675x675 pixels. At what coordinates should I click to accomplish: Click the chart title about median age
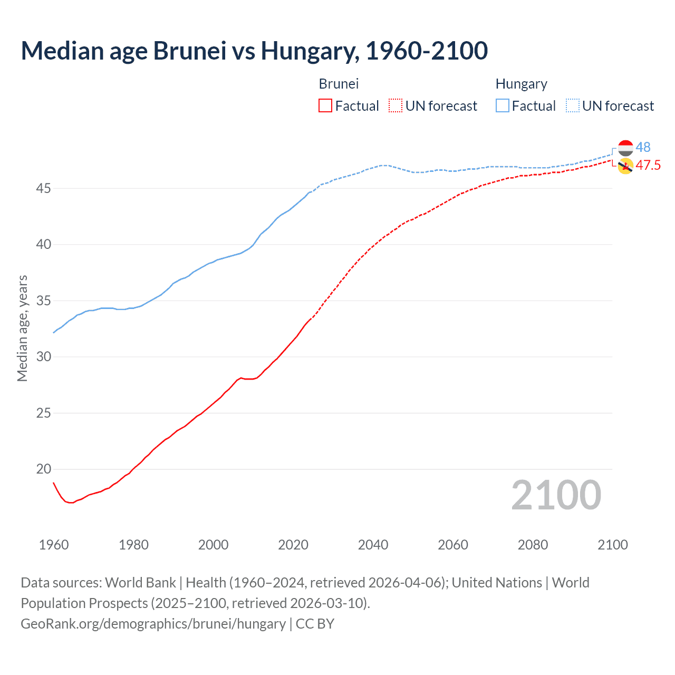pos(254,51)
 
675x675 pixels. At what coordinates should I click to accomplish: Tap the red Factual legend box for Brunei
pos(325,106)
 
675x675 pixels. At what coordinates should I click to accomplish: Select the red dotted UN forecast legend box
pos(396,106)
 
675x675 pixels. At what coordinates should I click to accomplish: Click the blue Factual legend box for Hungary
pos(503,106)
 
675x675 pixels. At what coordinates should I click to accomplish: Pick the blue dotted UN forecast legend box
pos(573,106)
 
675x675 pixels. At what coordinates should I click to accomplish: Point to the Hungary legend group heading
pos(521,84)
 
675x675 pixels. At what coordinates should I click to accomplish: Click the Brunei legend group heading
pos(339,84)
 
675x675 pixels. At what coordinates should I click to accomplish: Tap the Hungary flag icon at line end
pos(625,148)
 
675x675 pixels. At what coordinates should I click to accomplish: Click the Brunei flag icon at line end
pos(625,166)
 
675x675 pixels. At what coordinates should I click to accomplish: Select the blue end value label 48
pos(643,147)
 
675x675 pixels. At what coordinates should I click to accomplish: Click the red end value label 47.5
pos(648,165)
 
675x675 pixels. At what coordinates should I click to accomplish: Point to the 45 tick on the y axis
pos(44,188)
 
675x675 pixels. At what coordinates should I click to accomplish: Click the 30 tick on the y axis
pos(44,357)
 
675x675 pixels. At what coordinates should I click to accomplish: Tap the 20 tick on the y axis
pos(44,469)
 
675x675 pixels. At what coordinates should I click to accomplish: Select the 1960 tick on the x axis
pos(54,545)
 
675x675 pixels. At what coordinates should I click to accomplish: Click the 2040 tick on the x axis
pos(373,545)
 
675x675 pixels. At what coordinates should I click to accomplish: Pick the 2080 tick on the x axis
pos(533,545)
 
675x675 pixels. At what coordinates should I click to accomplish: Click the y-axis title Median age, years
pos(22,328)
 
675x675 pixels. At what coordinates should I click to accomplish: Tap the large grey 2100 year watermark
pos(556,495)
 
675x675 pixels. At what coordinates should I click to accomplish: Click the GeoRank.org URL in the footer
pos(153,623)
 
